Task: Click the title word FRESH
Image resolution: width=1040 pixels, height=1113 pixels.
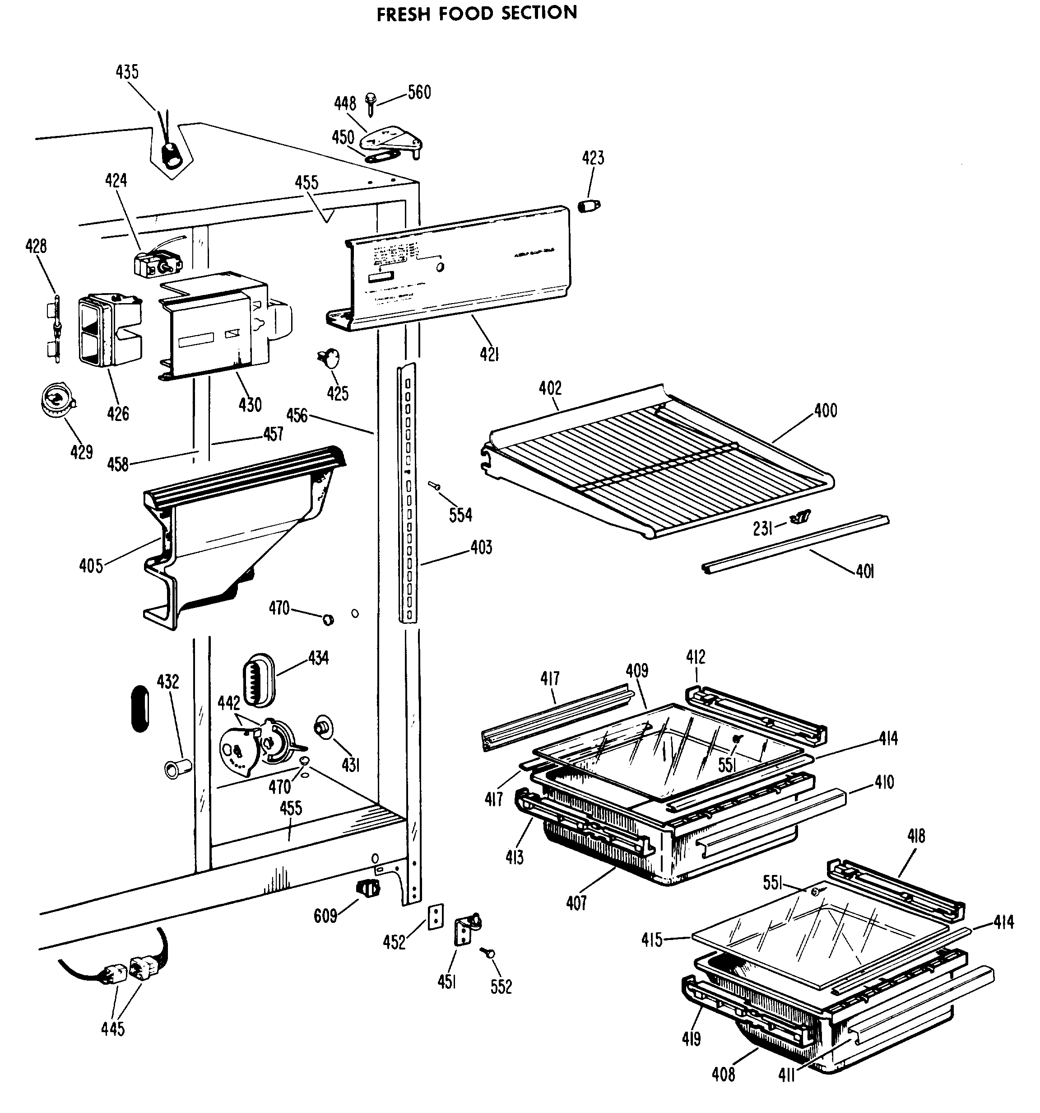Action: click(x=404, y=14)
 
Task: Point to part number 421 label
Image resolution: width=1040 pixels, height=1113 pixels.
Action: click(x=489, y=354)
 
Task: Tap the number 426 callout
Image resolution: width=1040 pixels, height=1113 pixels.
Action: click(x=118, y=414)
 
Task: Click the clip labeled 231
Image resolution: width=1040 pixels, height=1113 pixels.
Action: click(x=799, y=518)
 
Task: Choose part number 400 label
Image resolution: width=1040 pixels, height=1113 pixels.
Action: click(x=825, y=411)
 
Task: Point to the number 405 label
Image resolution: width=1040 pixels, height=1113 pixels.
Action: click(x=91, y=566)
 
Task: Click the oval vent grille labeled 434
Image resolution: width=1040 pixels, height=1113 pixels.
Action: click(x=258, y=680)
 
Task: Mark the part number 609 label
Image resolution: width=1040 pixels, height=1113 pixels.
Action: click(x=325, y=916)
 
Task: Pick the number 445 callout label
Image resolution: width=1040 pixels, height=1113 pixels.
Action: click(x=112, y=1029)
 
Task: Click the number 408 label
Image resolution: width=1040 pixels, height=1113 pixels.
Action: click(x=723, y=1074)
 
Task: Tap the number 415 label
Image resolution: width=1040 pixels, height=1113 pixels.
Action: click(x=652, y=939)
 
